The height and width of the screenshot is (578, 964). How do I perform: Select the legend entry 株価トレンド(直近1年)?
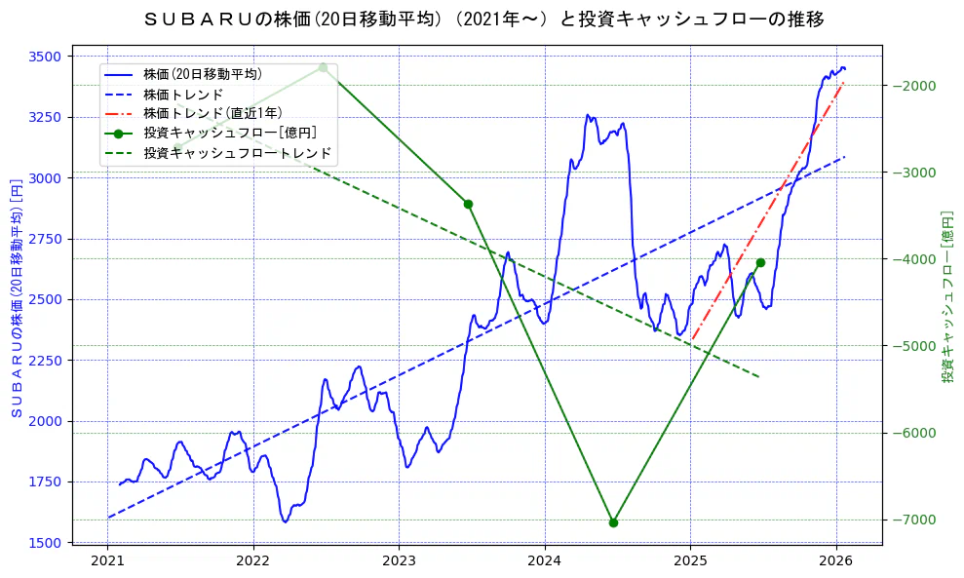click(213, 113)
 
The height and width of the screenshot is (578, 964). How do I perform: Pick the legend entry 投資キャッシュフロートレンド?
click(237, 153)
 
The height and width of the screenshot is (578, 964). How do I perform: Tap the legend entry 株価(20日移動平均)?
click(202, 74)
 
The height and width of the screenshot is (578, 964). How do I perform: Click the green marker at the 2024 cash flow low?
click(613, 522)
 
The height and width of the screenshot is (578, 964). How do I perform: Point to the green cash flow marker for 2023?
click(468, 204)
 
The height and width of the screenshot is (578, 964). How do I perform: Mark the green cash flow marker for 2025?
click(760, 262)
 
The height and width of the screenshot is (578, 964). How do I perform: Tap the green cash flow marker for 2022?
click(323, 67)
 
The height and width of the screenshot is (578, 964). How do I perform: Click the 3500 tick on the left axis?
click(46, 57)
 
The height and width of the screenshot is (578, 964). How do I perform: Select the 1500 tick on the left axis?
click(46, 543)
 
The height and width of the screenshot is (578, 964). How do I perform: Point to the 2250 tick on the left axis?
click(46, 361)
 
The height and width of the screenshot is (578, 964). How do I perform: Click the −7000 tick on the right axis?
click(915, 520)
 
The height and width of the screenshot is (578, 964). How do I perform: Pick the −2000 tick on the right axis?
click(915, 86)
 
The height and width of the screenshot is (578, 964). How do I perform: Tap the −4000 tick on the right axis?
click(915, 259)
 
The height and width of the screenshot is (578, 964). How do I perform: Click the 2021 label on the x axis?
click(107, 562)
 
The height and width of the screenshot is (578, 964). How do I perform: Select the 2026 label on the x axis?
click(836, 562)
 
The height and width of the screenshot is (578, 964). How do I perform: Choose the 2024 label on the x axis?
click(545, 562)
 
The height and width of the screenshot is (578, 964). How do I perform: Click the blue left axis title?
click(16, 299)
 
